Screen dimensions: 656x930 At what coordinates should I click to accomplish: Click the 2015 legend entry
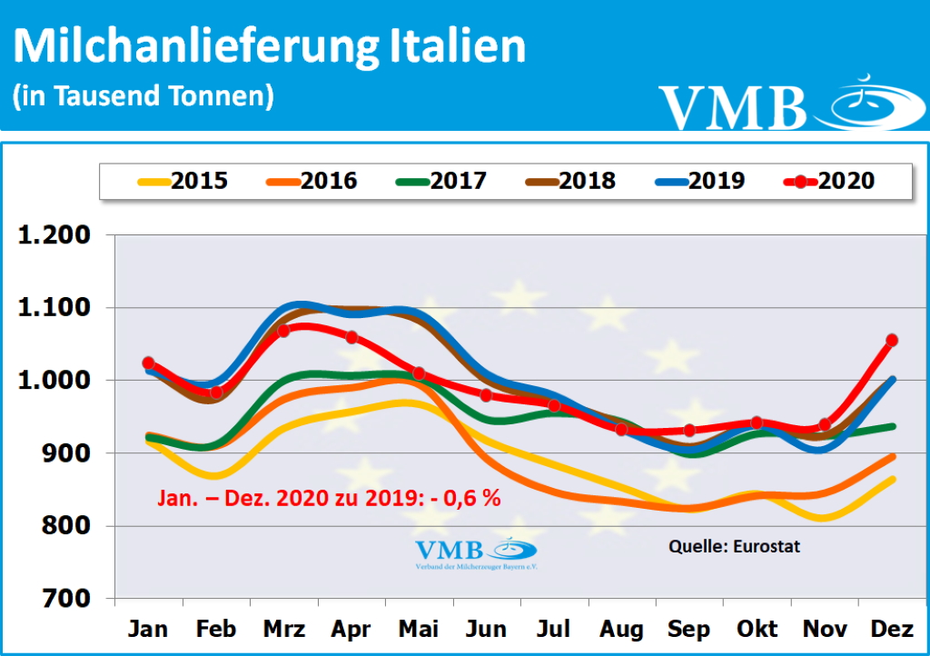tap(182, 181)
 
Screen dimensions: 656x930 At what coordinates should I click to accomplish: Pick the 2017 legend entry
tap(441, 181)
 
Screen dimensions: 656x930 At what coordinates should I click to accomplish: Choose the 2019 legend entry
tap(699, 181)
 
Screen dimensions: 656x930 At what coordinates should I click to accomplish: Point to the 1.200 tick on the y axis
tap(55, 235)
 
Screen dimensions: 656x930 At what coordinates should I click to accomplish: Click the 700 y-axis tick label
tap(67, 599)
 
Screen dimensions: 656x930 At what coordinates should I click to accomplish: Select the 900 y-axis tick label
tap(67, 453)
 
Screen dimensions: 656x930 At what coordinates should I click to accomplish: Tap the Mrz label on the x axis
tap(283, 630)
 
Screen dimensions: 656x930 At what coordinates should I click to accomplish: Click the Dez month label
tap(892, 630)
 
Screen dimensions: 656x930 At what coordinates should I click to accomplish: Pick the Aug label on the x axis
tap(621, 630)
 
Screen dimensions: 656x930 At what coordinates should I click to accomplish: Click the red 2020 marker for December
tap(892, 340)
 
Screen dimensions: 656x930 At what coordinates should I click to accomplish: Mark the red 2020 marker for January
tap(149, 363)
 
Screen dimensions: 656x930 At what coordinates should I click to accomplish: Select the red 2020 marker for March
tap(283, 331)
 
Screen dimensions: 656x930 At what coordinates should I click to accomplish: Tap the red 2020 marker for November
tap(825, 424)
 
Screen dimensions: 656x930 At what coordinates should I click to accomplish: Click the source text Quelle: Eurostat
tap(735, 546)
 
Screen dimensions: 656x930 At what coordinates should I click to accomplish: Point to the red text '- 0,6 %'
tap(466, 498)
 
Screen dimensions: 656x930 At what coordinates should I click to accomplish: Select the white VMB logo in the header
tap(781, 105)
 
